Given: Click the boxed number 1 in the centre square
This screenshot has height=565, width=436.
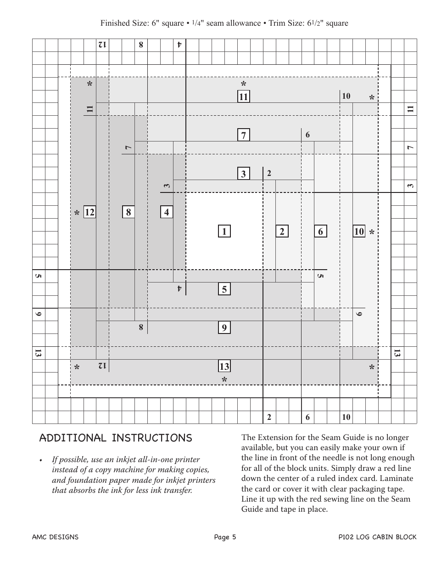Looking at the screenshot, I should point(224,232).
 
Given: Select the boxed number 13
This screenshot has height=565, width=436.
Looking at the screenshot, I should point(224,366).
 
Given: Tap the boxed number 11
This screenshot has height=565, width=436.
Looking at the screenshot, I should point(243,97).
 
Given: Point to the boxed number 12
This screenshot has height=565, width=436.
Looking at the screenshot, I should point(89,212).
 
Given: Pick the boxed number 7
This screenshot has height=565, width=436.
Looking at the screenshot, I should point(243,135).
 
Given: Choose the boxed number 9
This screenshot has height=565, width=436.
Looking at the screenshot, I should point(224,328).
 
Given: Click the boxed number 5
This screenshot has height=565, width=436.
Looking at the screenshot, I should point(224,289).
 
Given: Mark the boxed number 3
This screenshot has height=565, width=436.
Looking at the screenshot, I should point(243,174).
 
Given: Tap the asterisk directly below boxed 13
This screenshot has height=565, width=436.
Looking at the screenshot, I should point(224,380).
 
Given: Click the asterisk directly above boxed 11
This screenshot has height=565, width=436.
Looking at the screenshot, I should point(244,85).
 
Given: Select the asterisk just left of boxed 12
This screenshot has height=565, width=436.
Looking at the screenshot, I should point(77,214).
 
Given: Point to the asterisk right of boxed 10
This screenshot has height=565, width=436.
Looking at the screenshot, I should point(372,233).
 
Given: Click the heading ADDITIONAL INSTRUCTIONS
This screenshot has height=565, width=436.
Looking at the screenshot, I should point(116,438).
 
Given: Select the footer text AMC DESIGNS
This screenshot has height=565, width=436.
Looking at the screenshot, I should point(55,537).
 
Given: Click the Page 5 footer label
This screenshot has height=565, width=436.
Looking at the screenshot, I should point(225,537).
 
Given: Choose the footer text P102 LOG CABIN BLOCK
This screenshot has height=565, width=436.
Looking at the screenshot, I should point(377,537).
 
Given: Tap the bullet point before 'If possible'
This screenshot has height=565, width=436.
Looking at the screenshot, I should point(41,460).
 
